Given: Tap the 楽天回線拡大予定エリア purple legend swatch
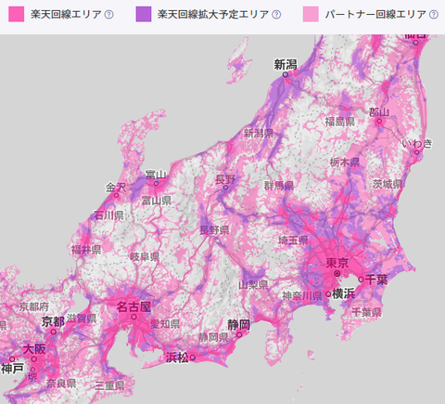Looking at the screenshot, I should [143, 15].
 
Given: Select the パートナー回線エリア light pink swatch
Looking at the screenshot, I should [311, 15].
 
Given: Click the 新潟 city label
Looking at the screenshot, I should [286, 65].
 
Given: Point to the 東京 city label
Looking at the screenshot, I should [338, 264].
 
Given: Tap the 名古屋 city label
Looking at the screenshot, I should [133, 306].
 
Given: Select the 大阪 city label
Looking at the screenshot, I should [34, 349].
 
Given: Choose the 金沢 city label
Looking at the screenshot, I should [115, 186].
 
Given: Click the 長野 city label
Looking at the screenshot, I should [225, 178].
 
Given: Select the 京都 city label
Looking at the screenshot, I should [53, 320].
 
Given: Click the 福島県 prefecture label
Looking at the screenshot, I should [341, 121].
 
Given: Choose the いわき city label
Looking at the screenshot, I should [416, 142].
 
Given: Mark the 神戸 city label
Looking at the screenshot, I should [13, 368].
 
